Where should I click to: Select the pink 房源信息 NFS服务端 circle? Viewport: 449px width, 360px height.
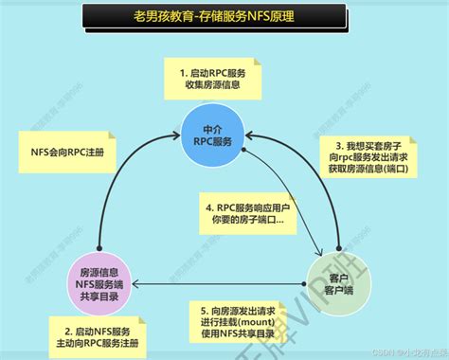click(x=98, y=282)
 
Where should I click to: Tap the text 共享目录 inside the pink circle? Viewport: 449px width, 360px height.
click(x=98, y=297)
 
